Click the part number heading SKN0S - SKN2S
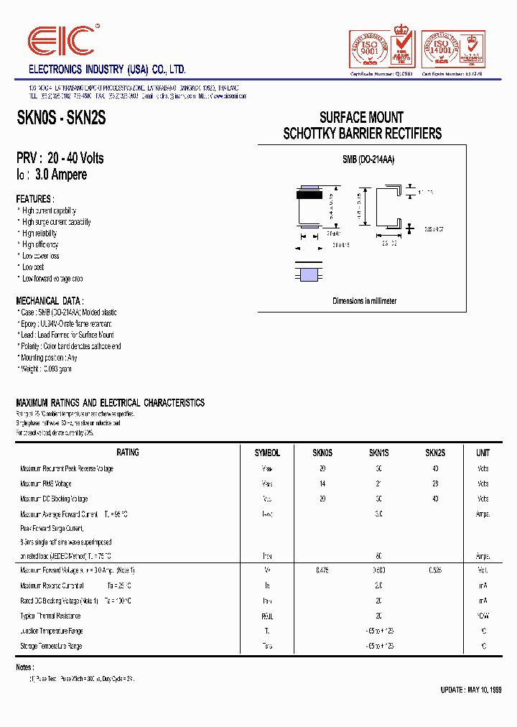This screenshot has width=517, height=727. pyautogui.click(x=61, y=119)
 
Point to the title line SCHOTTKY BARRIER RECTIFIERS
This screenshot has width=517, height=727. pyautogui.click(x=362, y=134)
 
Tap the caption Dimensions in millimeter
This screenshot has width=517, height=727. pyautogui.click(x=364, y=301)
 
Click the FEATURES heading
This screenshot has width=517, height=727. pyautogui.click(x=34, y=199)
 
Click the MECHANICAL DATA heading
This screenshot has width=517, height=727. pyautogui.click(x=50, y=301)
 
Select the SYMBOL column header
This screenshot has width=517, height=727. pyautogui.click(x=267, y=453)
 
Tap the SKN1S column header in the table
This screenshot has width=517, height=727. pyautogui.click(x=378, y=453)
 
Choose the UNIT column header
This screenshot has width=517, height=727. pyautogui.click(x=483, y=453)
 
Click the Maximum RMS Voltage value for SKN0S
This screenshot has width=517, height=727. pyautogui.click(x=322, y=483)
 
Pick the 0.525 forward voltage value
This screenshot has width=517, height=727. pyautogui.click(x=434, y=570)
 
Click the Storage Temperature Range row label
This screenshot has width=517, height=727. pyautogui.click(x=51, y=646)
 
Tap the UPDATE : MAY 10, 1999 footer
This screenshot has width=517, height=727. pyautogui.click(x=470, y=690)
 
